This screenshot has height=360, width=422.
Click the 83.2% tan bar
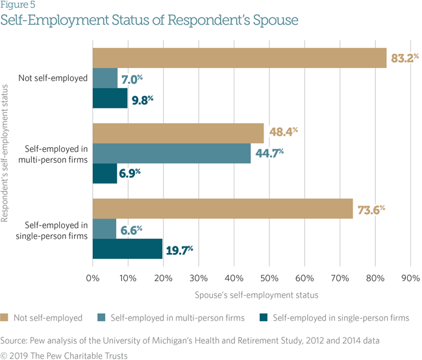tap(240, 58)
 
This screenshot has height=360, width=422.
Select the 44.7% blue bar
tap(172, 153)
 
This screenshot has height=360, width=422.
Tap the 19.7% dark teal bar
tap(127, 248)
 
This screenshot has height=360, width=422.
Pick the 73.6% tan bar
tap(223, 208)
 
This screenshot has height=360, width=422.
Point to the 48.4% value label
tap(282, 133)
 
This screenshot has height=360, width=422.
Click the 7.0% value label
tap(131, 79)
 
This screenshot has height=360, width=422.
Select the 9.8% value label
tap(141, 99)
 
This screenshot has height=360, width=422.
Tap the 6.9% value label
tap(130, 174)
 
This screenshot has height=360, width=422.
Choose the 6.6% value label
tap(129, 229)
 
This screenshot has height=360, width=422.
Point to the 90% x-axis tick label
tap(410, 278)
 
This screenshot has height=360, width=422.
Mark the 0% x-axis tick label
tap(93, 278)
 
